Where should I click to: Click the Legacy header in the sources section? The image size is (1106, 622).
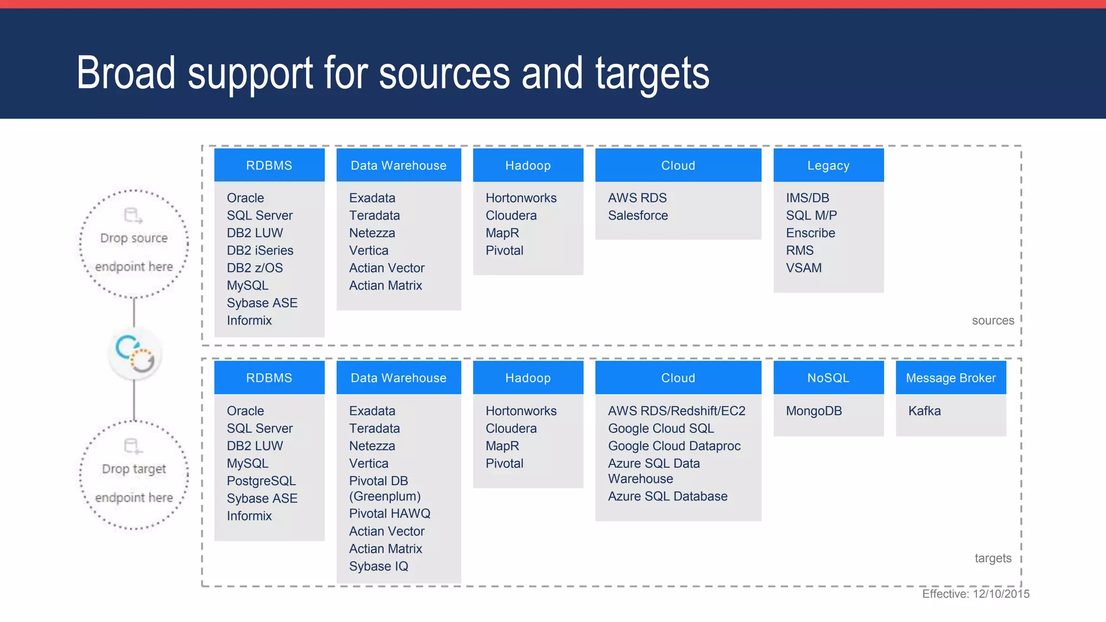pyautogui.click(x=828, y=165)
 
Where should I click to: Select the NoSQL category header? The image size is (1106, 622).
pyautogui.click(x=828, y=378)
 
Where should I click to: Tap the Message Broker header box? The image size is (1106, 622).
pyautogui.click(x=950, y=378)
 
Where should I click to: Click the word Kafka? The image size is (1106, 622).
pyautogui.click(x=924, y=411)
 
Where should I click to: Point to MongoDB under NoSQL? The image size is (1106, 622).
pyautogui.click(x=814, y=411)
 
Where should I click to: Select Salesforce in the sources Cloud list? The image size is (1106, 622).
pyautogui.click(x=638, y=215)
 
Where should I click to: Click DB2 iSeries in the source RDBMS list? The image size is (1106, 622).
pyautogui.click(x=260, y=251)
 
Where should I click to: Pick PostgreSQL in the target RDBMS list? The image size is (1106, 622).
pyautogui.click(x=261, y=481)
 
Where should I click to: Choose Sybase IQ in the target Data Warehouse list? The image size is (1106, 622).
pyautogui.click(x=378, y=566)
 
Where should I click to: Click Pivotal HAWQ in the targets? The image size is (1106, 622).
pyautogui.click(x=389, y=513)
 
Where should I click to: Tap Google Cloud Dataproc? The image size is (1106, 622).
pyautogui.click(x=674, y=446)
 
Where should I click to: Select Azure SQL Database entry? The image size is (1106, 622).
pyautogui.click(x=667, y=496)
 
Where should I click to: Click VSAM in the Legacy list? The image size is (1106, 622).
pyautogui.click(x=804, y=268)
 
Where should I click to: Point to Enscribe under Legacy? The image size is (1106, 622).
pyautogui.click(x=810, y=233)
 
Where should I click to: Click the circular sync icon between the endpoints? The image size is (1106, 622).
pyautogui.click(x=135, y=353)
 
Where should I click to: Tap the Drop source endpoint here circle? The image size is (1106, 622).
pyautogui.click(x=134, y=244)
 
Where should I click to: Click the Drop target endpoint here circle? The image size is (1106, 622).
pyautogui.click(x=134, y=475)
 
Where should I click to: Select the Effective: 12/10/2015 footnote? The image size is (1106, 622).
pyautogui.click(x=975, y=594)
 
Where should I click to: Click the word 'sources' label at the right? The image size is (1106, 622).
pyautogui.click(x=993, y=321)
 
